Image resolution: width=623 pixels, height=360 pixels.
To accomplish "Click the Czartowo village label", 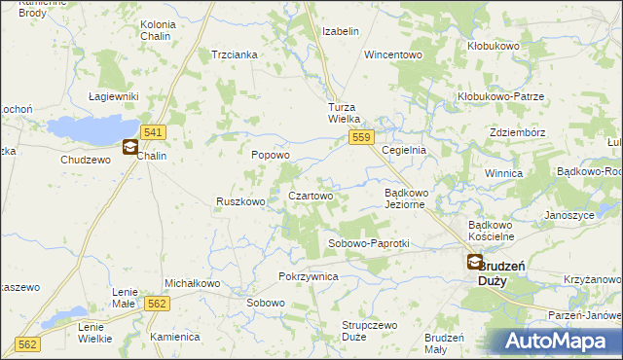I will [311, 196].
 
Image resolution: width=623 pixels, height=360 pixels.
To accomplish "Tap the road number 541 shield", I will [151, 131].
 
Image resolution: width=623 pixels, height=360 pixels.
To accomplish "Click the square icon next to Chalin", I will [130, 148].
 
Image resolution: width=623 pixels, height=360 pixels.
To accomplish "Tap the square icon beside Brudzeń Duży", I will [474, 262].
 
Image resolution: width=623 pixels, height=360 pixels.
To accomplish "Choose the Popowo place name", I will [271, 155].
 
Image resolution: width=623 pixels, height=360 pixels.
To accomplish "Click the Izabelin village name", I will [341, 31].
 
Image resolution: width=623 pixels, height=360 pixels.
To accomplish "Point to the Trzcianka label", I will [235, 54].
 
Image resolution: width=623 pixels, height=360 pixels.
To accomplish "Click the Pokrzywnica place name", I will [308, 276].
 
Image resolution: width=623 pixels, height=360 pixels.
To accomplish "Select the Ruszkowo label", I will [240, 202].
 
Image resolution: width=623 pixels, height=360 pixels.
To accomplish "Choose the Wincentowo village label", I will [393, 54].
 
